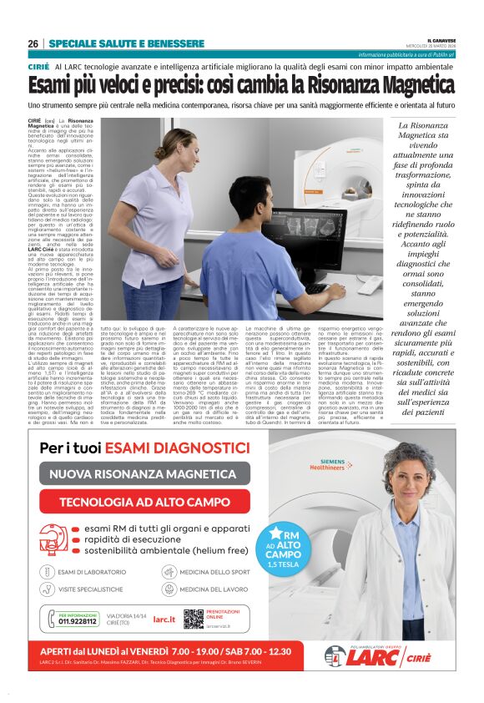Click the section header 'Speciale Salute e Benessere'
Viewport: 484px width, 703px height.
(125, 43)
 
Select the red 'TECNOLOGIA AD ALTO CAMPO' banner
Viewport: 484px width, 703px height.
(144, 502)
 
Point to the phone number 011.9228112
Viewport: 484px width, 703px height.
(77, 621)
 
